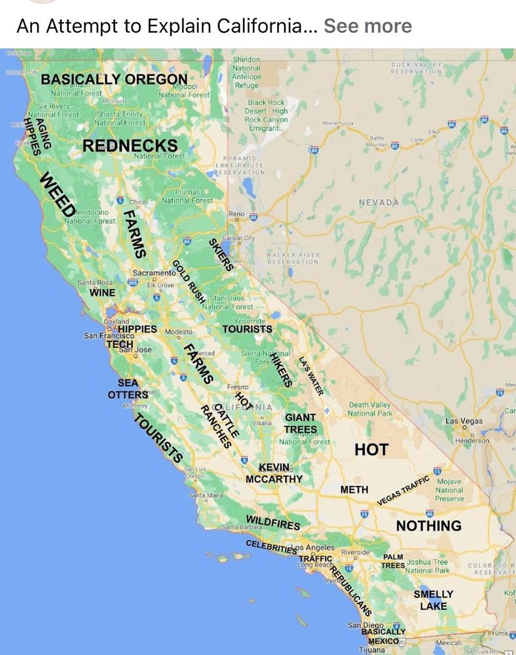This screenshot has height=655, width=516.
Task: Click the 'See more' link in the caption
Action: tap(367, 26)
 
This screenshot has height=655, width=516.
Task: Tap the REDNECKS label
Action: tap(130, 145)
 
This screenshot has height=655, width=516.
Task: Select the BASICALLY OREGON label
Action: tap(114, 80)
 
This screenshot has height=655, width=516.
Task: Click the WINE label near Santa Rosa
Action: tap(102, 292)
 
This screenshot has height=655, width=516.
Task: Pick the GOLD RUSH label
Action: tap(189, 282)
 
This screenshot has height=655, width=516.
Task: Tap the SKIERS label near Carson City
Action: tap(220, 254)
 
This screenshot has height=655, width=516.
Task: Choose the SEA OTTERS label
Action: tap(128, 389)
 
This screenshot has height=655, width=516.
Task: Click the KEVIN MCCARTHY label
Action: tap(274, 473)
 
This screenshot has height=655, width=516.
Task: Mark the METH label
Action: tap(354, 489)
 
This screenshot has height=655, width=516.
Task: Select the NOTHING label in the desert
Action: tap(428, 525)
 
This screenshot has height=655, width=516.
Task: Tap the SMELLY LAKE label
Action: tap(433, 600)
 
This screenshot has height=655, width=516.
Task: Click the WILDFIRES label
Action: tap(273, 521)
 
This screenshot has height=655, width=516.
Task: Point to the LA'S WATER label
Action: tap(312, 376)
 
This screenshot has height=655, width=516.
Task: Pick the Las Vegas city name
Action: tap(464, 421)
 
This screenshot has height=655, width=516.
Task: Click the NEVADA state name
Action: tap(378, 202)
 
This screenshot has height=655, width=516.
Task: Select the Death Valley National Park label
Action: tap(369, 409)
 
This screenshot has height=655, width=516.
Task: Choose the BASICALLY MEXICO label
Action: tap(383, 636)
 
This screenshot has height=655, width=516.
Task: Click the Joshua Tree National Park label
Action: tap(427, 566)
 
